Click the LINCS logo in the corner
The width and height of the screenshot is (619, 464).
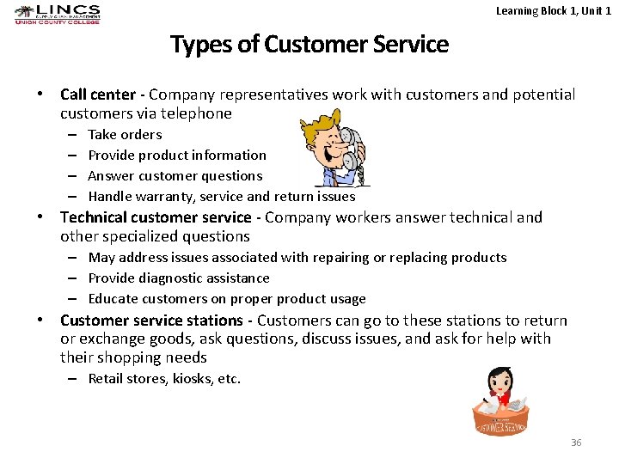(x=58, y=15)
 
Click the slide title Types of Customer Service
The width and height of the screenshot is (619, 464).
(x=309, y=44)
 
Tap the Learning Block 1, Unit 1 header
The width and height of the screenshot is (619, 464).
(x=554, y=10)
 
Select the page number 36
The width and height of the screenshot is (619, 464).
(x=576, y=443)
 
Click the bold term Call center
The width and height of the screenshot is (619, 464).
(x=98, y=95)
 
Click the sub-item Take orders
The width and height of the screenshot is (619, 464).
(x=125, y=134)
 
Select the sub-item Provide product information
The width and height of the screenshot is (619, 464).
(x=177, y=155)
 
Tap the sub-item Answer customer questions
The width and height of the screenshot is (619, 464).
(x=175, y=175)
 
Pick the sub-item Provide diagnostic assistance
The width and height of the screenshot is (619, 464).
(x=179, y=278)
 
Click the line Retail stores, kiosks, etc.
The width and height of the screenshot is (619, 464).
(x=164, y=378)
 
